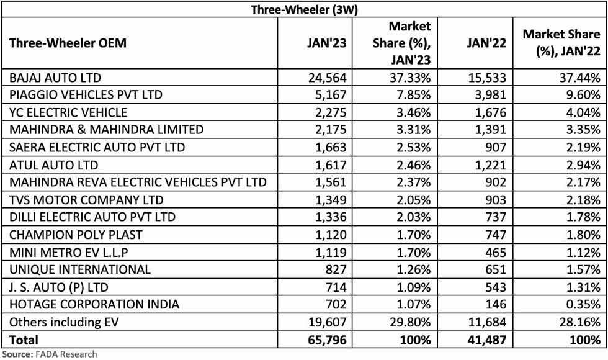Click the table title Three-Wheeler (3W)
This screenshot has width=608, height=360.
click(x=304, y=9)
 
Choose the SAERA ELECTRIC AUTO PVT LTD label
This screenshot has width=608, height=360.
click(x=89, y=147)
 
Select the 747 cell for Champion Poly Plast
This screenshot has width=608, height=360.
click(x=496, y=235)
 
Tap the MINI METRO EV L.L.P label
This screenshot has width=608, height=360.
click(x=64, y=252)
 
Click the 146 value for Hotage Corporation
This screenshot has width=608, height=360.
click(x=496, y=304)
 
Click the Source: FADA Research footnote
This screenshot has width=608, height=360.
click(x=48, y=354)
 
